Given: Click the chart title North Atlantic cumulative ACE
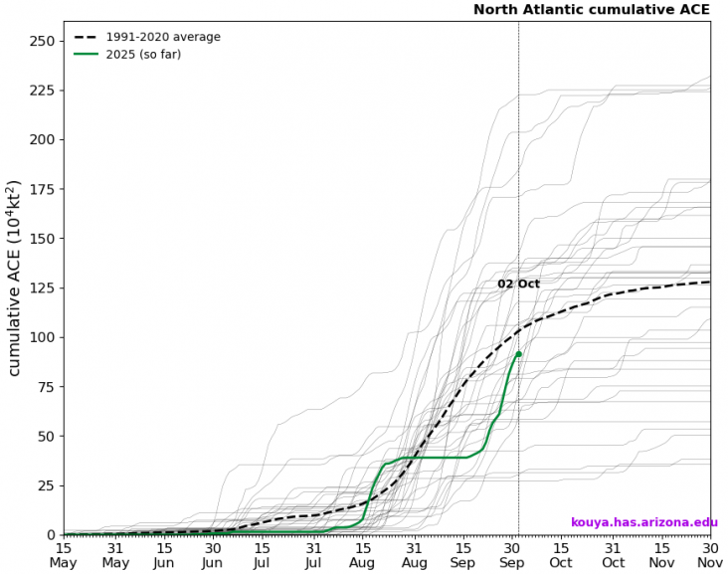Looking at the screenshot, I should [591, 10].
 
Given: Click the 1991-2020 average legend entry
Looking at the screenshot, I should [163, 37].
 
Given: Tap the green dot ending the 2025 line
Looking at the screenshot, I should [518, 353].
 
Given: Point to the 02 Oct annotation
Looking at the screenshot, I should [518, 284].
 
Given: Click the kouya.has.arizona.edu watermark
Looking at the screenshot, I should [643, 522].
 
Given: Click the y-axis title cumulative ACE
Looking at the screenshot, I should [15, 279].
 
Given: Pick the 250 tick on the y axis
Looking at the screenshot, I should [41, 41].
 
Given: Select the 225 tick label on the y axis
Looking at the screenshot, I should [41, 91].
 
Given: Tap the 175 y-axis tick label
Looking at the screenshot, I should [41, 189].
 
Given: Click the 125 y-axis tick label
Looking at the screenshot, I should [41, 287].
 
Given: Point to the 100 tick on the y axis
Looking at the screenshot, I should [41, 337].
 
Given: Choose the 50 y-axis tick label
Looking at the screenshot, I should [45, 436].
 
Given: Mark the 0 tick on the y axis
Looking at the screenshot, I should [49, 534].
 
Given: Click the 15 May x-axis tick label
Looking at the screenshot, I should [65, 555].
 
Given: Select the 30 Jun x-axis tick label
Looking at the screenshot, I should [213, 555].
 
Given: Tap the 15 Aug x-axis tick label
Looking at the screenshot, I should [364, 555].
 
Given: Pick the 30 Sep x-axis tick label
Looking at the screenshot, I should [512, 555].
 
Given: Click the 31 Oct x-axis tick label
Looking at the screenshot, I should [613, 555].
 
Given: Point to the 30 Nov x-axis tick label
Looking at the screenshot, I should [710, 555].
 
